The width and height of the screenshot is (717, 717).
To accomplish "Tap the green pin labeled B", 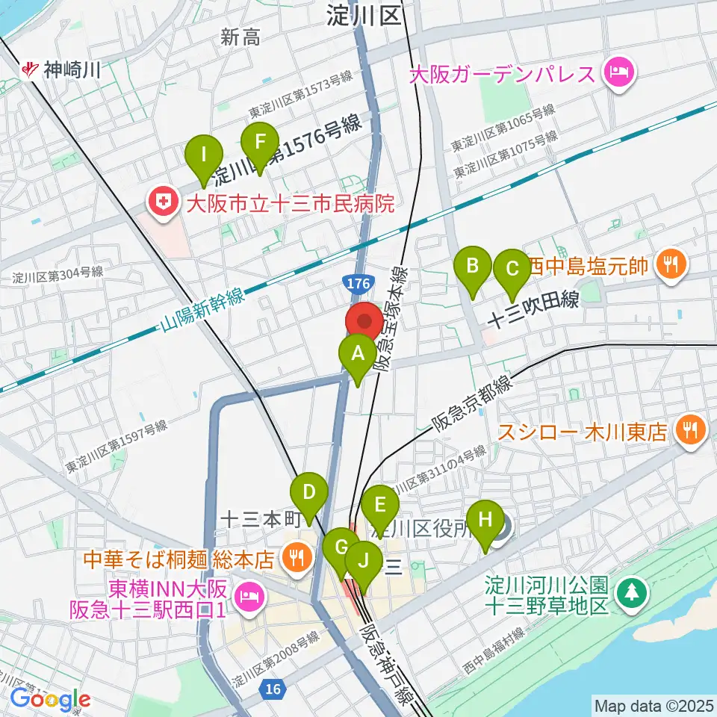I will (473, 266).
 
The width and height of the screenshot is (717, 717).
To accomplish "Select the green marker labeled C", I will (512, 270).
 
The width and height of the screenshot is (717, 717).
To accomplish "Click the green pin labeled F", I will (260, 143).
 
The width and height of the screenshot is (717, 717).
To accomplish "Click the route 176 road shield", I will (356, 283).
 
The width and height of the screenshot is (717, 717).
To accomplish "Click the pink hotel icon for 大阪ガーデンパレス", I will (619, 74).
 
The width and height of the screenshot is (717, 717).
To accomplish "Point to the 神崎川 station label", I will (63, 71).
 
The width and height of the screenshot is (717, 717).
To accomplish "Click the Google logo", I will (51, 699).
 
